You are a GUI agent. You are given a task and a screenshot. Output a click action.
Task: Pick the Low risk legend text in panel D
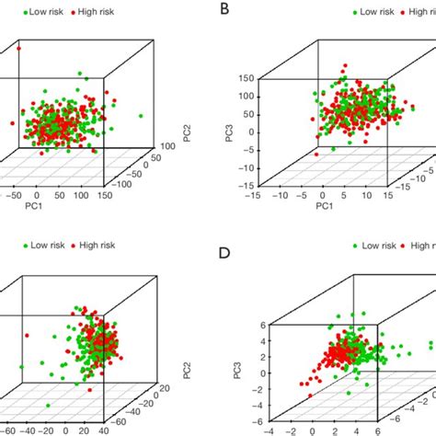coord(376,246)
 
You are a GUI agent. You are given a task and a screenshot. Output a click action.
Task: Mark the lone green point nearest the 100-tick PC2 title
coord(141,116)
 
